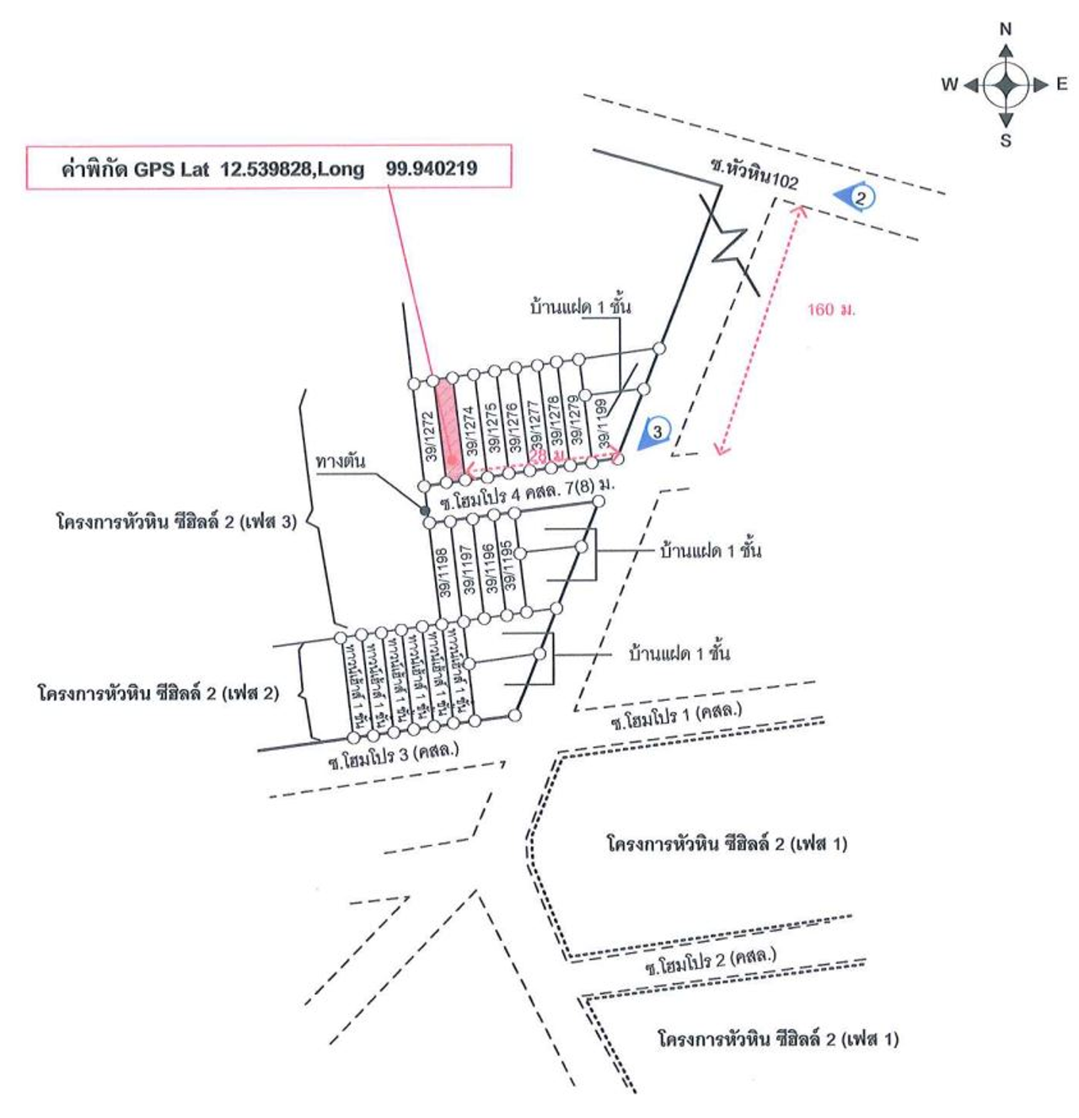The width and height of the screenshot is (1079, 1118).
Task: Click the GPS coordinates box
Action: (x=269, y=168)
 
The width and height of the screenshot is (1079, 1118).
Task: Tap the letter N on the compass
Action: (x=1005, y=29)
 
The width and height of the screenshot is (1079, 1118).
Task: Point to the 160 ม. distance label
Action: (x=830, y=309)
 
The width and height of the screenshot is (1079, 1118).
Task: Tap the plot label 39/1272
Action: (x=429, y=436)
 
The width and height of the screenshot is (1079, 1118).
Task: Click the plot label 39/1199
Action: (x=602, y=423)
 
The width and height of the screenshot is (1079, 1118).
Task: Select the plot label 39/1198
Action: (x=443, y=572)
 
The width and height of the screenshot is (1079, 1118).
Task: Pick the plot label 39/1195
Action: (x=508, y=565)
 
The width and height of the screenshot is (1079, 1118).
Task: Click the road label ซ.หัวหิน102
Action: (x=754, y=174)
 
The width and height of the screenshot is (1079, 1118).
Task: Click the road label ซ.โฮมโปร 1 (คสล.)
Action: (x=676, y=716)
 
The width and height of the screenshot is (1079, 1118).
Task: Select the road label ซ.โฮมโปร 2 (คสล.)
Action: (x=711, y=961)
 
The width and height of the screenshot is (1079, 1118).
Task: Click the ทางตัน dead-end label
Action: (x=341, y=461)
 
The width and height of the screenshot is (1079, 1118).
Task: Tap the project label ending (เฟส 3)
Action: (x=176, y=522)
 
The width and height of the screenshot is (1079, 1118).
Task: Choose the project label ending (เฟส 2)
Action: (x=158, y=693)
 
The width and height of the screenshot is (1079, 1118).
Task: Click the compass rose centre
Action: (x=1005, y=84)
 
